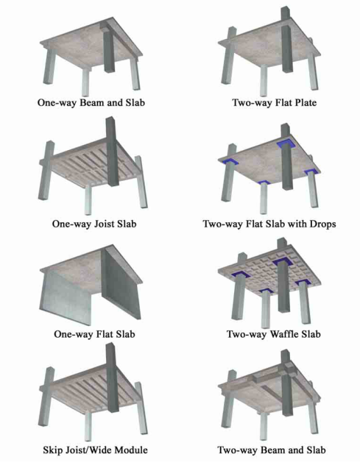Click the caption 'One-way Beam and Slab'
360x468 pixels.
pos(91,104)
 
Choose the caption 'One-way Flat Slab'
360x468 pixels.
pos(91,334)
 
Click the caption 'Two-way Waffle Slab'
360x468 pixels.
pos(271,334)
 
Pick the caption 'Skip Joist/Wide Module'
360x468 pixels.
pos(91,450)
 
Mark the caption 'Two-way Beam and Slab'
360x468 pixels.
pos(271,450)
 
